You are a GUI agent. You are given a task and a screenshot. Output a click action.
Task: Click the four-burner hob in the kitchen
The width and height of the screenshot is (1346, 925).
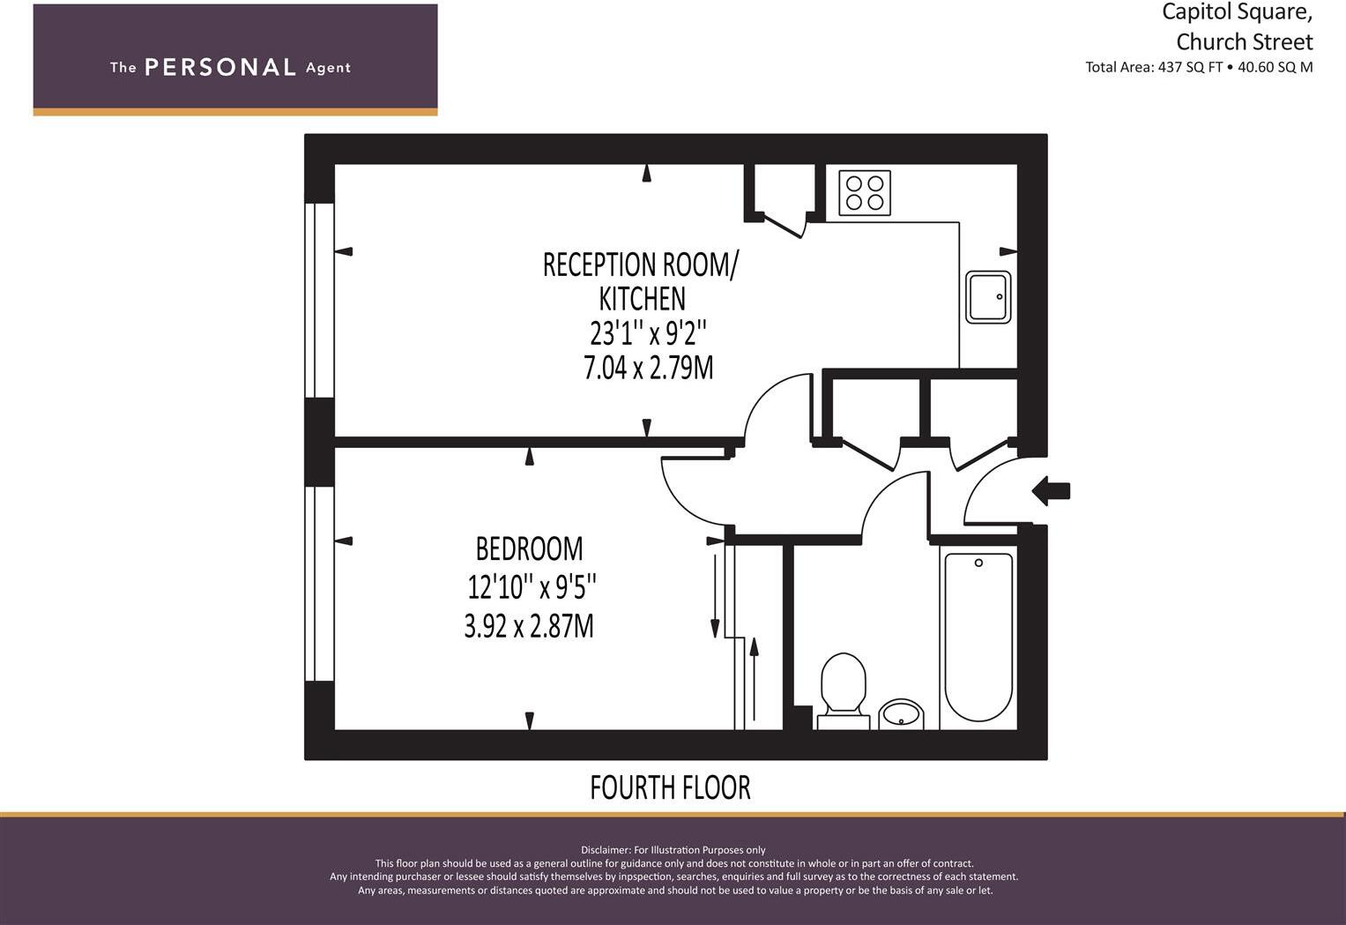[x=864, y=193]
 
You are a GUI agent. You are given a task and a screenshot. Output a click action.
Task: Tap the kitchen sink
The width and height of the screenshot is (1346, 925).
[x=988, y=297]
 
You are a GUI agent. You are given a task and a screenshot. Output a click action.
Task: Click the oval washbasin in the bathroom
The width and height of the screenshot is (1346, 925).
[x=901, y=713]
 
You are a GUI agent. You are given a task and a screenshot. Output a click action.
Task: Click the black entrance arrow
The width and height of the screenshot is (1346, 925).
[x=1051, y=490]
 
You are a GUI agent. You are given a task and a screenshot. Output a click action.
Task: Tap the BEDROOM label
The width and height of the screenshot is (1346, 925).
[x=529, y=548]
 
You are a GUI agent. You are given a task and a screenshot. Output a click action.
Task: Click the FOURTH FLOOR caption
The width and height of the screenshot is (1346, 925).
[x=670, y=787]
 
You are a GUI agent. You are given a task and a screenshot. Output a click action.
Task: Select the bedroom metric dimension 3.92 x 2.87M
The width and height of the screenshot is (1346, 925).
[x=529, y=626]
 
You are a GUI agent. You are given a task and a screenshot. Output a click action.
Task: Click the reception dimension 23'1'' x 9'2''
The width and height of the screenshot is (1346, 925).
[x=648, y=333]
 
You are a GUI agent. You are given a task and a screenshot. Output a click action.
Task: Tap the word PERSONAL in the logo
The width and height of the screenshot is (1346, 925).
[x=220, y=67]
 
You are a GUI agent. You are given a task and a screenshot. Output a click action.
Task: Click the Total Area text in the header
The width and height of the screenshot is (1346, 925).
[x=1199, y=67]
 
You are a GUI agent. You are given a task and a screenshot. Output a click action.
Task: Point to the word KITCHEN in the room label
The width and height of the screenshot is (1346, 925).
[x=642, y=299]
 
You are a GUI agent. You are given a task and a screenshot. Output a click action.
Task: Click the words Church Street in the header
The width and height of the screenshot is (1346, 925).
[x=1244, y=41]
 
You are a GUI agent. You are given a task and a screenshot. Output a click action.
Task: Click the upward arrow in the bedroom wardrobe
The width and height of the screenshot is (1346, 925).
[x=754, y=679]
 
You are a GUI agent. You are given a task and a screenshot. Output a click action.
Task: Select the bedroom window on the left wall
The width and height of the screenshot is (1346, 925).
[x=319, y=584]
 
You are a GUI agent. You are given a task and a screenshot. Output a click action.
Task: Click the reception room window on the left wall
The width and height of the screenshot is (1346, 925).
[x=319, y=300]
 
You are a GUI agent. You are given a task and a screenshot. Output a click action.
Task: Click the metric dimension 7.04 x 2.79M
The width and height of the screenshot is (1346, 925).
[x=648, y=367]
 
